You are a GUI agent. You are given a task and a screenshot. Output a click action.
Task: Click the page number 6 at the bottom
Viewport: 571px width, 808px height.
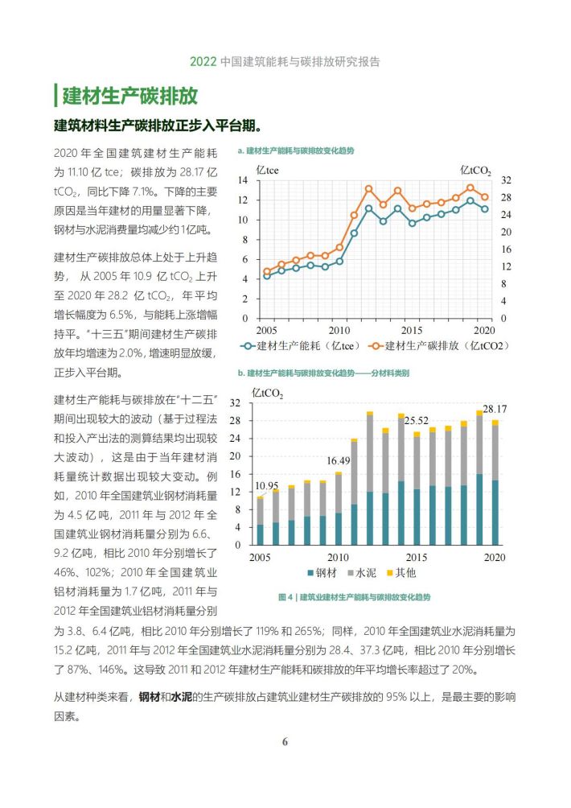tap(285, 741)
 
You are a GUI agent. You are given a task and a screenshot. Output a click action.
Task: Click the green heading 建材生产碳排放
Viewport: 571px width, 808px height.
tap(129, 96)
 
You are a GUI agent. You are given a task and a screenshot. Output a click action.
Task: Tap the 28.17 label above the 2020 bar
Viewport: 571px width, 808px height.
tap(495, 409)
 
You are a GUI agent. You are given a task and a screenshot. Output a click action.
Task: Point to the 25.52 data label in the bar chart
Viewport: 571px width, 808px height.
tap(416, 420)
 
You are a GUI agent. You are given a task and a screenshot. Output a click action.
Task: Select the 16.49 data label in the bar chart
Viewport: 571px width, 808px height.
tap(339, 460)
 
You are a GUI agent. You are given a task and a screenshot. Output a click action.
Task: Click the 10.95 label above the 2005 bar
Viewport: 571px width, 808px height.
tap(267, 486)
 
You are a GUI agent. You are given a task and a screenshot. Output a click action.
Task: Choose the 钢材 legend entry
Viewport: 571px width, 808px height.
tap(322, 572)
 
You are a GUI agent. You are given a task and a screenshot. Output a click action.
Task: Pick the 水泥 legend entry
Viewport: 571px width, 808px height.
tap(362, 572)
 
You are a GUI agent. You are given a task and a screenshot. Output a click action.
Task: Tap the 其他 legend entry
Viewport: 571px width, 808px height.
tap(401, 572)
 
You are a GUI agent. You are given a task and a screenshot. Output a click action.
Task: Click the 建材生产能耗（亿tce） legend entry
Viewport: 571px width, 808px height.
tap(301, 346)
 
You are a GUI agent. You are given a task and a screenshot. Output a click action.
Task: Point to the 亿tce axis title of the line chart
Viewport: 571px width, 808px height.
tap(267, 170)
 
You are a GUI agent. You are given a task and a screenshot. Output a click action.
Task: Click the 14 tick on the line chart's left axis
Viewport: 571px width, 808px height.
tap(243, 179)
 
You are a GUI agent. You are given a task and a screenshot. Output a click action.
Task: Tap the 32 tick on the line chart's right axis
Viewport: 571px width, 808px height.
tap(506, 179)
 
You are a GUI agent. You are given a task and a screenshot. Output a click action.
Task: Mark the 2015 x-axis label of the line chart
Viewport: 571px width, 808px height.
tap(412, 330)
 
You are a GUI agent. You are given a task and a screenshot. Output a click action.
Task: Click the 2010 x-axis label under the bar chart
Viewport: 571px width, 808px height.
tap(338, 557)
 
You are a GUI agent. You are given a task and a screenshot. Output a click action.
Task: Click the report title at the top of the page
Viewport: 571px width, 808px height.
tap(285, 61)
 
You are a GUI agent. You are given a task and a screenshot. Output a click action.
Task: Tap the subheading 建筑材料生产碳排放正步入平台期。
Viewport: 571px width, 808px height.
tap(158, 126)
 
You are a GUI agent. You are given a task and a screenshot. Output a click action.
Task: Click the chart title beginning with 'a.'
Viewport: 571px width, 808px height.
tap(295, 150)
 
